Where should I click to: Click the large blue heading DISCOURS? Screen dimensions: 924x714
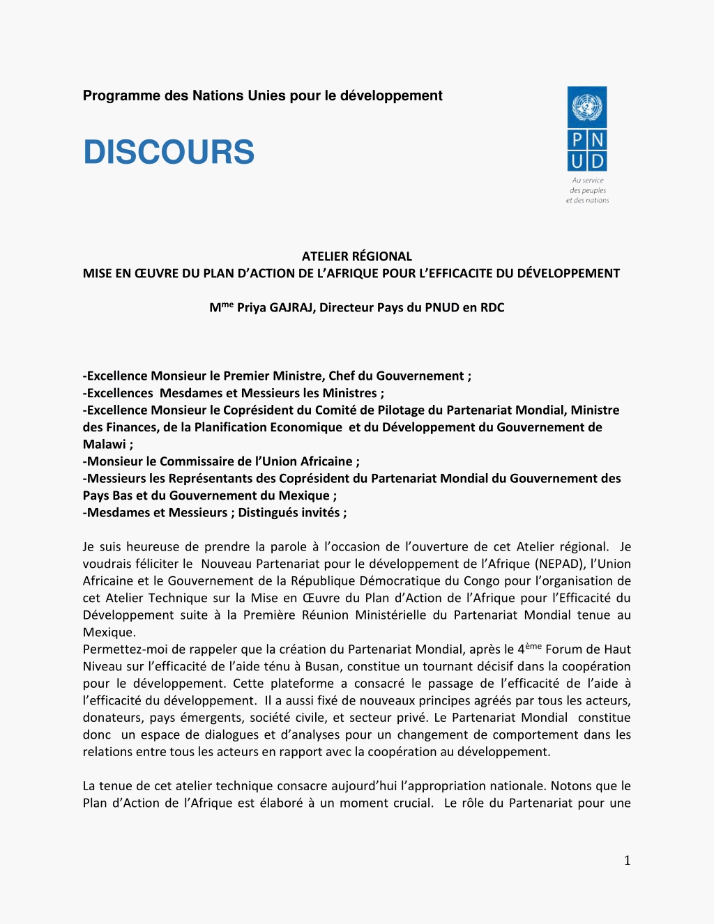coord(169,153)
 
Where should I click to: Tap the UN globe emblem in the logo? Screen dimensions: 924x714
coord(587,107)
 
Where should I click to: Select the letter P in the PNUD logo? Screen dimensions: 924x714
coord(577,140)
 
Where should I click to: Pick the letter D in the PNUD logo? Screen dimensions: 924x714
coord(597,162)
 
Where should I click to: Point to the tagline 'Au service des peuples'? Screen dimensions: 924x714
coord(588,185)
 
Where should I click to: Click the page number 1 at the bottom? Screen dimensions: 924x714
coord(627,861)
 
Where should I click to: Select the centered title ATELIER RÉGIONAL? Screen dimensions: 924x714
coord(356,256)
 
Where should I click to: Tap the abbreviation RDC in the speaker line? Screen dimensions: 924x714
coord(492,308)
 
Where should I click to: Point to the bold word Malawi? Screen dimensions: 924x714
coord(104,445)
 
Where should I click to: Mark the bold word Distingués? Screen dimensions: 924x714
coord(271,513)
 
